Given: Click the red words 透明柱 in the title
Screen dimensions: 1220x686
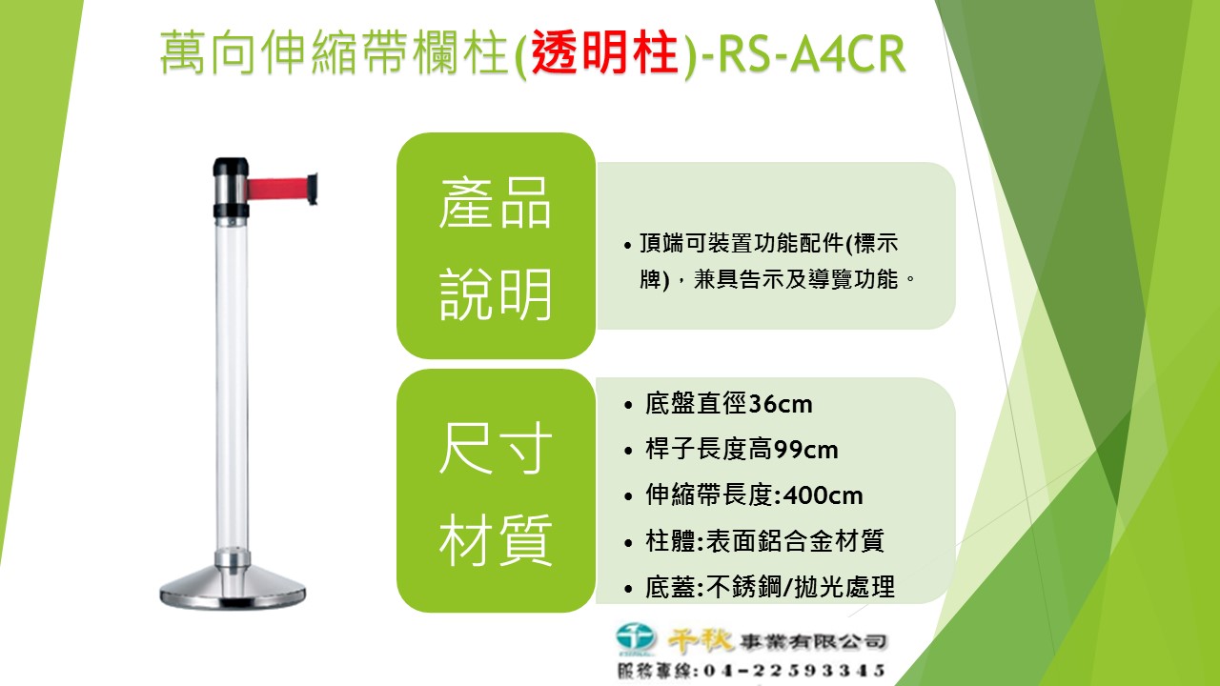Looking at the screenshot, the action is click(x=604, y=53).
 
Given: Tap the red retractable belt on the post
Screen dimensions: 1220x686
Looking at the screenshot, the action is click(x=277, y=189).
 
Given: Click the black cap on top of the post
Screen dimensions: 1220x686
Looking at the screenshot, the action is click(x=231, y=166).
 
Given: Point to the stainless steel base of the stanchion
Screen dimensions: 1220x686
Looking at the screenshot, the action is click(x=233, y=587).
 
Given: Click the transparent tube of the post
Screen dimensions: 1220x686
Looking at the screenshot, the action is click(x=232, y=387).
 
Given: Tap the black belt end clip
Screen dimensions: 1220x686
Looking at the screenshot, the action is click(x=312, y=189).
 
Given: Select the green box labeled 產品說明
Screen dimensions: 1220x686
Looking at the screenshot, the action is click(x=496, y=246).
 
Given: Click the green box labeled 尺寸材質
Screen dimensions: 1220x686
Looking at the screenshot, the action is click(x=496, y=491).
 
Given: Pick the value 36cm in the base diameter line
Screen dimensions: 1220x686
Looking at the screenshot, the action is click(x=781, y=404).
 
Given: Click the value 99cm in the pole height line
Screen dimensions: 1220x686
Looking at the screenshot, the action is click(x=805, y=451).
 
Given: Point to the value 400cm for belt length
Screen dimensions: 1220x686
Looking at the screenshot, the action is click(x=823, y=496).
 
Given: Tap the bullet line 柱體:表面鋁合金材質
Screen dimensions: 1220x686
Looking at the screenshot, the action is click(x=764, y=541).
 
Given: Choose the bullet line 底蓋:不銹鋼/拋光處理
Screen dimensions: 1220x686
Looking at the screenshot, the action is click(x=770, y=587).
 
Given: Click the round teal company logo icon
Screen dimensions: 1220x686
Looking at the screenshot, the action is click(x=636, y=637).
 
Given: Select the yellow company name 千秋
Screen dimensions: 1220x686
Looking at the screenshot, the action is click(x=701, y=640).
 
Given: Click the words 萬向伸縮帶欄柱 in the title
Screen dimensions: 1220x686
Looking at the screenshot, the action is click(x=335, y=53).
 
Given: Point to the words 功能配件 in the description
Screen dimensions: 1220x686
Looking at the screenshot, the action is click(x=799, y=243).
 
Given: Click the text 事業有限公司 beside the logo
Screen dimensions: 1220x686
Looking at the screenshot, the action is click(x=814, y=642).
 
